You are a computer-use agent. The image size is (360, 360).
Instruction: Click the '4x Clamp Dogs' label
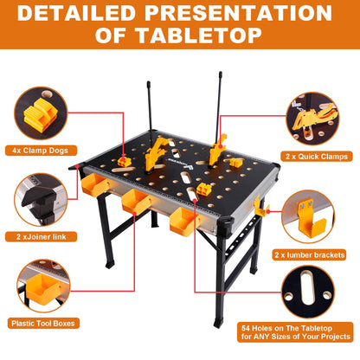(x=41, y=151)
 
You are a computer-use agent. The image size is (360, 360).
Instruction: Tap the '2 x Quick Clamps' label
(x=317, y=157)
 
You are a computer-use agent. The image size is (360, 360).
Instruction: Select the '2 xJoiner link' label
(x=41, y=237)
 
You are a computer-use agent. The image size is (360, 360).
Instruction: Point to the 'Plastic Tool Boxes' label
(x=43, y=324)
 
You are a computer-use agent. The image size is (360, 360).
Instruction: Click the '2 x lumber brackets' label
(x=309, y=255)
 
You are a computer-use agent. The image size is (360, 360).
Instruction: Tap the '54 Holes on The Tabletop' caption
(x=286, y=328)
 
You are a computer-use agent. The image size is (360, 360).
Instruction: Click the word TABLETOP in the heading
(x=198, y=35)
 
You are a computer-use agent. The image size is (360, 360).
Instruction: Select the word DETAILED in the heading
(x=76, y=13)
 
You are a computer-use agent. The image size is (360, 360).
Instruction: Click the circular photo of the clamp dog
(x=41, y=113)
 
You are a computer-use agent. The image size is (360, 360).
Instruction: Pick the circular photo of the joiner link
(x=41, y=200)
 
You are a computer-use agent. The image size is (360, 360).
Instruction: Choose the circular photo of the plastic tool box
(x=43, y=286)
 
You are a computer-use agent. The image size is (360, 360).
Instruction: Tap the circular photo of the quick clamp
(x=312, y=119)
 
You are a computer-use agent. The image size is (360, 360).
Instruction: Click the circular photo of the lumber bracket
(x=308, y=216)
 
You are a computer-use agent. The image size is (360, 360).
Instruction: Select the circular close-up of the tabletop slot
(x=308, y=292)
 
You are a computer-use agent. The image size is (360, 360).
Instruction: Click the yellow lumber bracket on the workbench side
(x=260, y=207)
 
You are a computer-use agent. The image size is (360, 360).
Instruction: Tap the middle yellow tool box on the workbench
(x=136, y=202)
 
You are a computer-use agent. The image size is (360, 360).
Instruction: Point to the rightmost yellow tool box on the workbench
(x=184, y=222)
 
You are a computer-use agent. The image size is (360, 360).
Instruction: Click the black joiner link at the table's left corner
(x=77, y=167)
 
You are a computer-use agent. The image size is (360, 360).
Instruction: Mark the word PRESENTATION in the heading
(x=238, y=13)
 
